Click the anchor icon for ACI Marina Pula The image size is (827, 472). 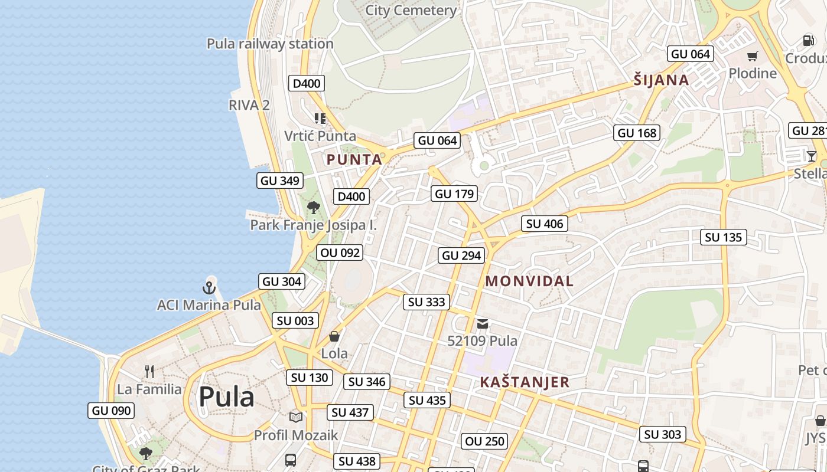(x=209, y=287)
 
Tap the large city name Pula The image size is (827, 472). (x=226, y=397)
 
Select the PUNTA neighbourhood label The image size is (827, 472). (x=354, y=159)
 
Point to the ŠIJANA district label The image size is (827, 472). (x=661, y=80)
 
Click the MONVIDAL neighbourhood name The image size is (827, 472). (x=529, y=281)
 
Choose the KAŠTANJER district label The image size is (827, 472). (x=525, y=382)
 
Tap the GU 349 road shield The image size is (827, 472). (x=280, y=181)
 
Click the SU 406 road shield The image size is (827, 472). (x=545, y=224)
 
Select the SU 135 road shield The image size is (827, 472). (x=724, y=237)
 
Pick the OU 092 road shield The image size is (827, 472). (x=340, y=253)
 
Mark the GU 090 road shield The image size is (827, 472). (x=111, y=411)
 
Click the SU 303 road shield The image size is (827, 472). (x=663, y=434)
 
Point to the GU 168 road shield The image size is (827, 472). (x=637, y=133)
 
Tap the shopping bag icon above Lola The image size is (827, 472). (x=334, y=336)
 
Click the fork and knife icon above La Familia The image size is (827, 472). (x=149, y=371)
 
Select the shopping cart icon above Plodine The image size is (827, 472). (x=752, y=57)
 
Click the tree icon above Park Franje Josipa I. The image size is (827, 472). (x=314, y=207)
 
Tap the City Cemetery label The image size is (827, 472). (x=411, y=11)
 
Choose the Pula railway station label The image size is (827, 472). (x=270, y=44)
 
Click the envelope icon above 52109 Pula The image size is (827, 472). (x=483, y=323)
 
